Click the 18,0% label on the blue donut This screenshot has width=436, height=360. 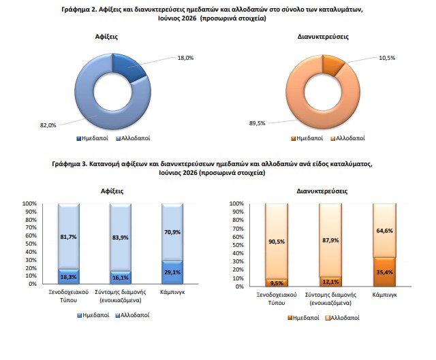click(x=185, y=58)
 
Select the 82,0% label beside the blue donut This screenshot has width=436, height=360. click(x=48, y=125)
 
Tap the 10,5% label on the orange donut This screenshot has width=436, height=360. click(x=387, y=58)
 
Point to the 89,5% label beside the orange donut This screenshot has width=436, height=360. click(x=258, y=123)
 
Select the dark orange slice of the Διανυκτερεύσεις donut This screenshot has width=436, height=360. click(x=332, y=65)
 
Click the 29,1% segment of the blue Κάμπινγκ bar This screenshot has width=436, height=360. click(x=172, y=272)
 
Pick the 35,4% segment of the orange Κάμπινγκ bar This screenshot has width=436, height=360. click(x=384, y=272)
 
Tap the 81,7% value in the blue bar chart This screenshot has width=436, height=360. click(x=68, y=237)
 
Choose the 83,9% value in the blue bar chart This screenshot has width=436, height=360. click(x=121, y=238)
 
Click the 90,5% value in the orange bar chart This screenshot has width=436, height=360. click(x=277, y=242)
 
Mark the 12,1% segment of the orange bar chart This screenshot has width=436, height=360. click(x=330, y=282)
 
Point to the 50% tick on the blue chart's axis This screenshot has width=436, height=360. click(x=31, y=244)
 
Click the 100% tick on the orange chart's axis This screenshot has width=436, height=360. click(x=236, y=203)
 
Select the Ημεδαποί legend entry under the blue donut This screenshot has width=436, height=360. click(x=92, y=138)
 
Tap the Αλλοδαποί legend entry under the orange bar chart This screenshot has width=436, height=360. click(x=342, y=318)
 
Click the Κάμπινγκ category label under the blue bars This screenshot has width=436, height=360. click(x=172, y=292)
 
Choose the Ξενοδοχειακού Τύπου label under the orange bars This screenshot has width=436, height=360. click(x=277, y=299)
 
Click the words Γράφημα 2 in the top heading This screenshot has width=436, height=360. click(x=79, y=10)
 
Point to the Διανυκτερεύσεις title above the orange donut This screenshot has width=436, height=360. click(x=323, y=37)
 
